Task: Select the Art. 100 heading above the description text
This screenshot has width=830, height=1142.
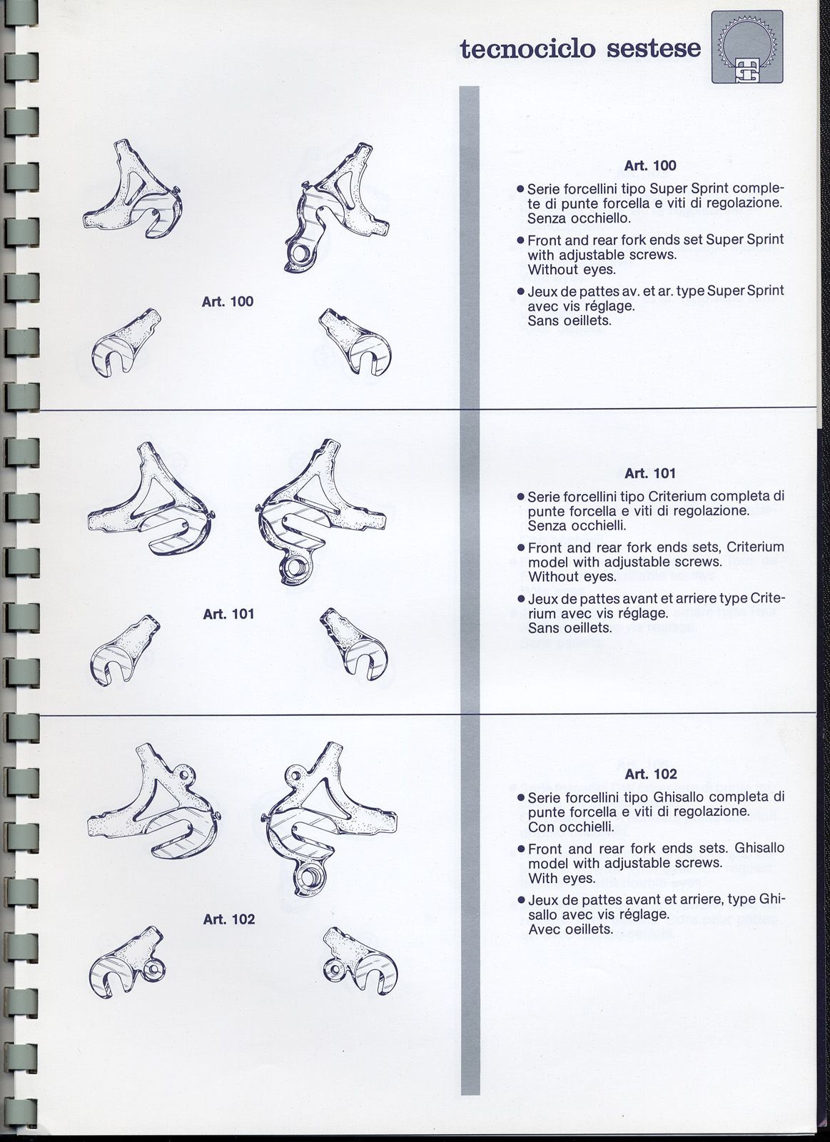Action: (x=649, y=166)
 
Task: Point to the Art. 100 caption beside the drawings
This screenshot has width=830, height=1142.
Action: (x=228, y=301)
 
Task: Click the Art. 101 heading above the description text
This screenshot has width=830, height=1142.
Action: (x=649, y=473)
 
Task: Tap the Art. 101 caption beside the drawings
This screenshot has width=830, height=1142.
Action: (x=228, y=613)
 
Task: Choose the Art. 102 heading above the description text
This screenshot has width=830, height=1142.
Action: (x=649, y=774)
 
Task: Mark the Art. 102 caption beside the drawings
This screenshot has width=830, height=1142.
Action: (x=228, y=919)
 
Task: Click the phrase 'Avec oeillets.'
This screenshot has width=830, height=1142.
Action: (x=570, y=929)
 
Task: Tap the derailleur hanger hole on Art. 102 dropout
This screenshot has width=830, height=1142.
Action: (x=310, y=874)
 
